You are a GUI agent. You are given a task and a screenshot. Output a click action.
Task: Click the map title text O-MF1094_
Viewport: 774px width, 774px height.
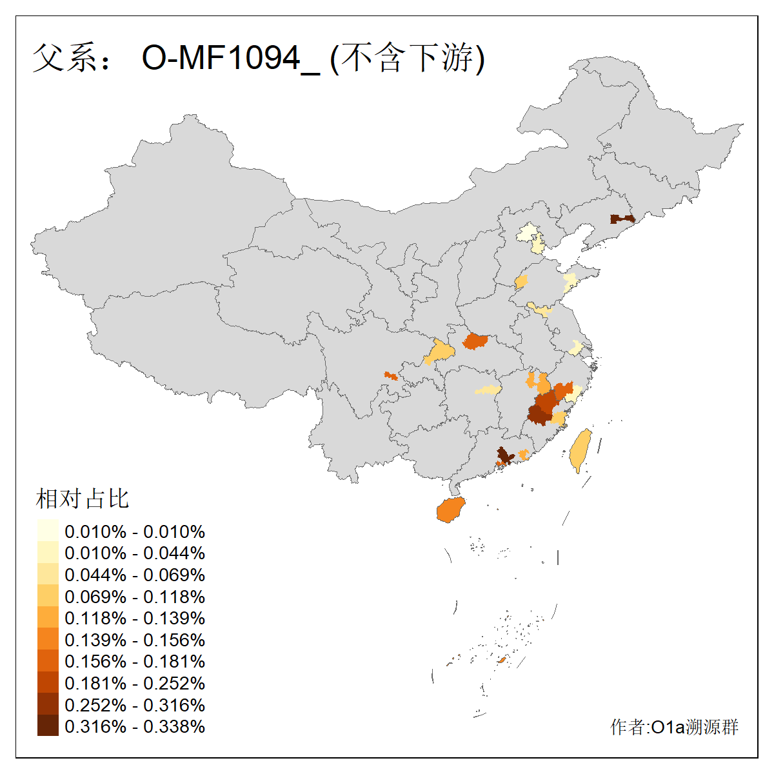tap(230, 58)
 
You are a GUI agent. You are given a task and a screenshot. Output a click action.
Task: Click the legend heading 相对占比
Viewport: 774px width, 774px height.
tap(83, 499)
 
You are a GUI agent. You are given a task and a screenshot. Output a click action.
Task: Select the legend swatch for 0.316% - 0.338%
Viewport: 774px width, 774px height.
tap(48, 726)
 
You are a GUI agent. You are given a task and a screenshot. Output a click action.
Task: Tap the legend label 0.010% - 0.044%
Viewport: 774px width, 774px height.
tap(135, 553)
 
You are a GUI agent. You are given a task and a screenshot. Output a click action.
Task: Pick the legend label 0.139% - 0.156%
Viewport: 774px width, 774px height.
tap(135, 640)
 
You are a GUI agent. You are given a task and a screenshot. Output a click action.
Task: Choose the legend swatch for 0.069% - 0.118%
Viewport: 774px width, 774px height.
tap(48, 597)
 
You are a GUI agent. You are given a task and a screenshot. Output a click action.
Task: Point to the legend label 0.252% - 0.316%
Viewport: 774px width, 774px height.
tap(135, 705)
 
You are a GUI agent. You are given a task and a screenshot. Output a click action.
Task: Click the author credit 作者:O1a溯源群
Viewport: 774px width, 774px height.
tap(674, 728)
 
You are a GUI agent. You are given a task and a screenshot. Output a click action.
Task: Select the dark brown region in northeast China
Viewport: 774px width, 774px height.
tap(622, 219)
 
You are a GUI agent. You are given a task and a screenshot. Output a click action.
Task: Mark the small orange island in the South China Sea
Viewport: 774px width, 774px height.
tap(501, 660)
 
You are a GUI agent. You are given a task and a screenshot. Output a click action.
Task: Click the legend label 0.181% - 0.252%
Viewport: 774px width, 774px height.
tap(135, 683)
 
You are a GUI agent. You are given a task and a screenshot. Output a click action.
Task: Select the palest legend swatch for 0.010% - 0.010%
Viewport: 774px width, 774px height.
tap(48, 531)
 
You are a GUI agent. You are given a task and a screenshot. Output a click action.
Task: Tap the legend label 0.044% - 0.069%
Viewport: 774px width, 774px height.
tap(135, 575)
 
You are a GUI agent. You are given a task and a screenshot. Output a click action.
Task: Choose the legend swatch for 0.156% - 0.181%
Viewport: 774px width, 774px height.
tap(48, 662)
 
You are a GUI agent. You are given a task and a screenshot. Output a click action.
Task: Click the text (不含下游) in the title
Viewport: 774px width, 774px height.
tap(407, 58)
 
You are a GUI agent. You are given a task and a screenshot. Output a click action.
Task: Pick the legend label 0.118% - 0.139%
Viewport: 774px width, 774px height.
tap(135, 618)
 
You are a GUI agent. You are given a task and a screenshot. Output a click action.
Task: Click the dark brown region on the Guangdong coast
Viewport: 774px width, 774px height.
tap(504, 455)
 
